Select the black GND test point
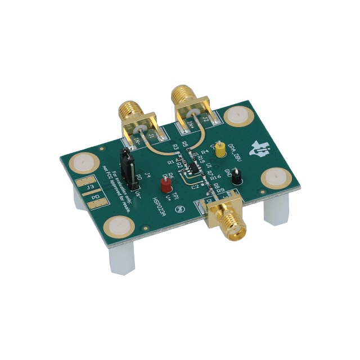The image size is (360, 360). (237, 178)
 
